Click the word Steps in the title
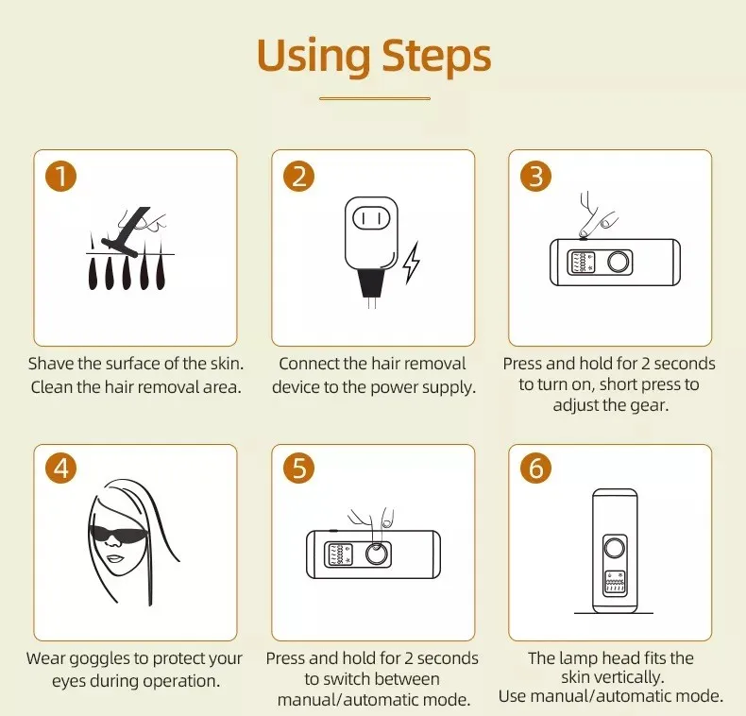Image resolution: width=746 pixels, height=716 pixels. pos(436,57)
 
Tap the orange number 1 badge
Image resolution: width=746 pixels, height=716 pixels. pos(60,176)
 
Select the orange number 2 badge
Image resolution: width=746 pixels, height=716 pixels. pos(298,176)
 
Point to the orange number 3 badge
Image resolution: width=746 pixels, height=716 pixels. pos(536,176)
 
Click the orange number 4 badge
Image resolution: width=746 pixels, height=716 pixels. pos(60,468)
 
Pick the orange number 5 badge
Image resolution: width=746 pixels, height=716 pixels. pos(298,468)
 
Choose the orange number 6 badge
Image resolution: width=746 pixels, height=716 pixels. pos(536,468)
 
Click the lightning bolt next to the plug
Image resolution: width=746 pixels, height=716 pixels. pos(412,264)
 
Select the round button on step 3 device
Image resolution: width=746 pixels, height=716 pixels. pos(618,262)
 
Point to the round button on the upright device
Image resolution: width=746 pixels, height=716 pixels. pos(614,548)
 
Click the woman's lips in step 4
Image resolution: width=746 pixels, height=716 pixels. pos(114,558)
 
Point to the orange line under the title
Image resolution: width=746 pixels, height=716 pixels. pos(375,98)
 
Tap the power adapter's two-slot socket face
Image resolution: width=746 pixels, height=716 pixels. pos(371,219)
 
